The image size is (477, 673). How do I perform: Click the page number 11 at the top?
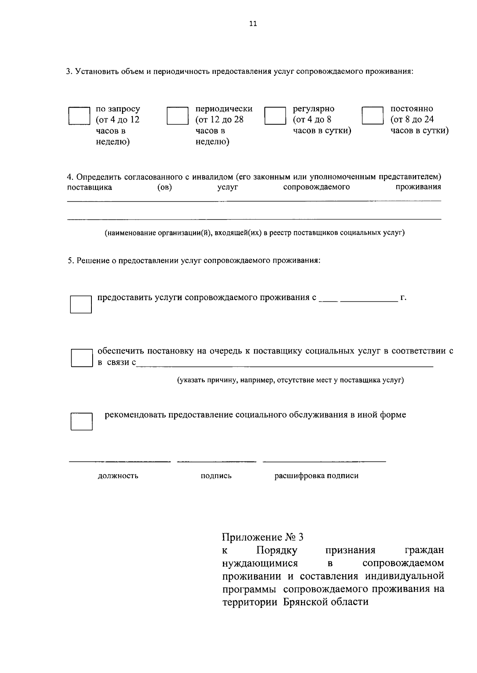coord(253,24)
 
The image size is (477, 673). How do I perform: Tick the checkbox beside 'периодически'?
coord(177,116)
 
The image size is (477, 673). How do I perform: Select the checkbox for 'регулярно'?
coord(275,116)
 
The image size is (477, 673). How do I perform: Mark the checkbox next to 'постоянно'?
coord(372,116)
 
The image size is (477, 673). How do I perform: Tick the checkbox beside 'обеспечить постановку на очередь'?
coord(81,358)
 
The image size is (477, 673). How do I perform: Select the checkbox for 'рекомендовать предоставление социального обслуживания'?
coord(81,421)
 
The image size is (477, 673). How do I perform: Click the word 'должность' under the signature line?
coord(118,476)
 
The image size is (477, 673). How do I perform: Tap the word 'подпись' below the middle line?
coord(216,476)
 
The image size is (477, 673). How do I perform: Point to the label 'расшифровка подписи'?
coord(316,476)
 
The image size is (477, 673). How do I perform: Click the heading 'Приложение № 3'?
coord(263,537)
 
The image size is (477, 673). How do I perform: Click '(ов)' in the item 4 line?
coord(165,187)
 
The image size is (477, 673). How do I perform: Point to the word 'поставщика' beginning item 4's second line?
coord(89,187)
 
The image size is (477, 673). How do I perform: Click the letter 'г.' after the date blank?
coord(403,297)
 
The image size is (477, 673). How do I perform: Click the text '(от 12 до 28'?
coord(219,120)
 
